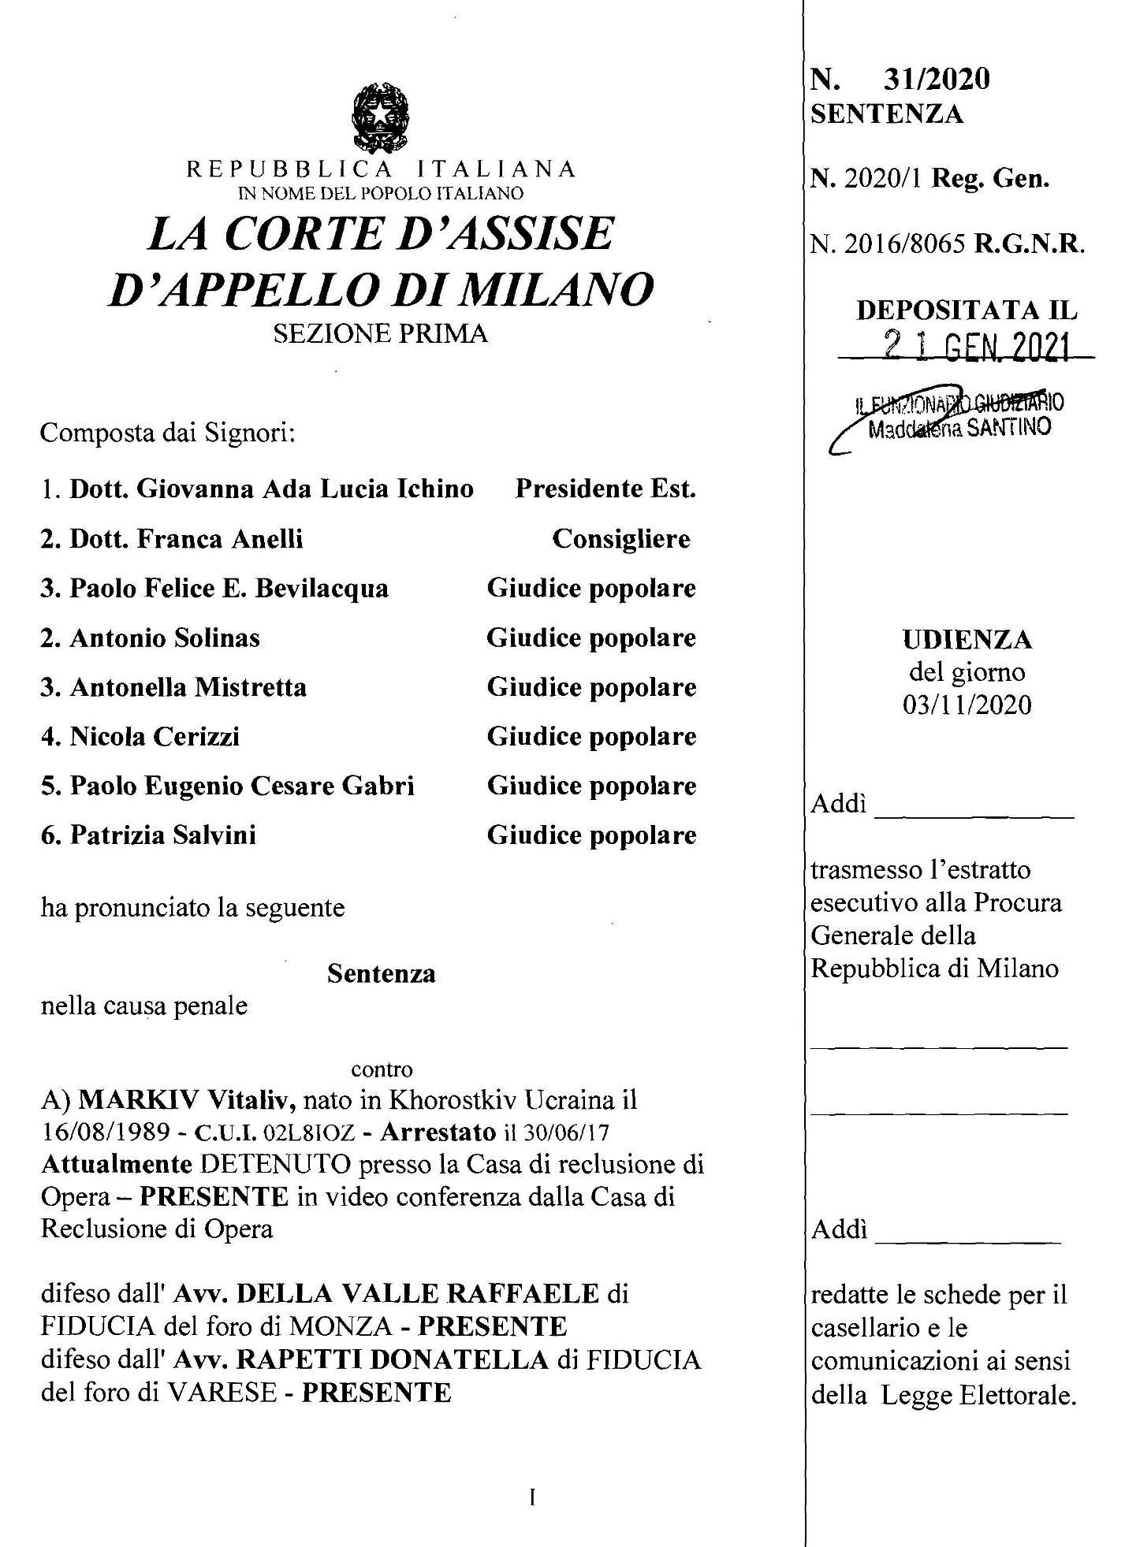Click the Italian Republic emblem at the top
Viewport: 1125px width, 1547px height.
point(382,118)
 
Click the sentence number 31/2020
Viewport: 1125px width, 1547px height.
point(937,79)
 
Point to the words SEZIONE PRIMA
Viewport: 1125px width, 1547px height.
point(381,333)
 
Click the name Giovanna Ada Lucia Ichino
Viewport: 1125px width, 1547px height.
point(305,489)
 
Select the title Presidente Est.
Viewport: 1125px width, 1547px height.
point(605,489)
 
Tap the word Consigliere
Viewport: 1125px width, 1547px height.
point(620,539)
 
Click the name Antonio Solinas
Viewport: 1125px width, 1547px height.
point(165,638)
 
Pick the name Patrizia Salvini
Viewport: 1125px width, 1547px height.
point(163,835)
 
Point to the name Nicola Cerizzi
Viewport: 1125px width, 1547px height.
point(155,736)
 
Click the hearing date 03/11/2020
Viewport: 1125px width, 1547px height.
point(967,704)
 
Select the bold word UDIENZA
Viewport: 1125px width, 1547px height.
point(967,639)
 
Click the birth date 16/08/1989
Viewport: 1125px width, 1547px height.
point(106,1132)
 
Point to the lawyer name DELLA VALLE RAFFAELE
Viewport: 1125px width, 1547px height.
point(418,1294)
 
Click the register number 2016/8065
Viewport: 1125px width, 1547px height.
point(904,245)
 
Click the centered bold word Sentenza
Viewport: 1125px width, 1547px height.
point(381,973)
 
